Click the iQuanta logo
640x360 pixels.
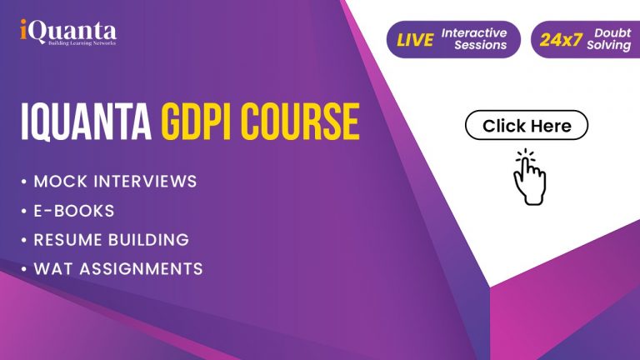tap(68, 32)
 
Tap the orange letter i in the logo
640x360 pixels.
tap(23, 29)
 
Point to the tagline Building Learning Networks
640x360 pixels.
tap(82, 42)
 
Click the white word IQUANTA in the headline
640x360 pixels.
tap(86, 122)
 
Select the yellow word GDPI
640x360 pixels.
tap(200, 122)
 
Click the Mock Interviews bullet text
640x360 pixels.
tap(116, 181)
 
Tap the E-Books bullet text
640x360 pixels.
tap(74, 211)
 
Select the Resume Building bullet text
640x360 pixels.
tap(112, 240)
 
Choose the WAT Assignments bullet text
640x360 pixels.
tap(118, 268)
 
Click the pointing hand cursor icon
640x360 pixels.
tap(529, 177)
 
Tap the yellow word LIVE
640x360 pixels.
tap(415, 40)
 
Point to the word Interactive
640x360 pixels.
tap(474, 32)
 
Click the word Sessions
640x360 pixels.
tap(480, 45)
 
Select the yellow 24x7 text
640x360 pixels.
tap(561, 40)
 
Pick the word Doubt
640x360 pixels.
tap(612, 32)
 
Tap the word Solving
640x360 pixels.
tap(609, 45)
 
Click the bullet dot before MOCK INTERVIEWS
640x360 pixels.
tap(24, 181)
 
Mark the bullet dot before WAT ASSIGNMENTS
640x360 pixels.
tap(24, 268)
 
